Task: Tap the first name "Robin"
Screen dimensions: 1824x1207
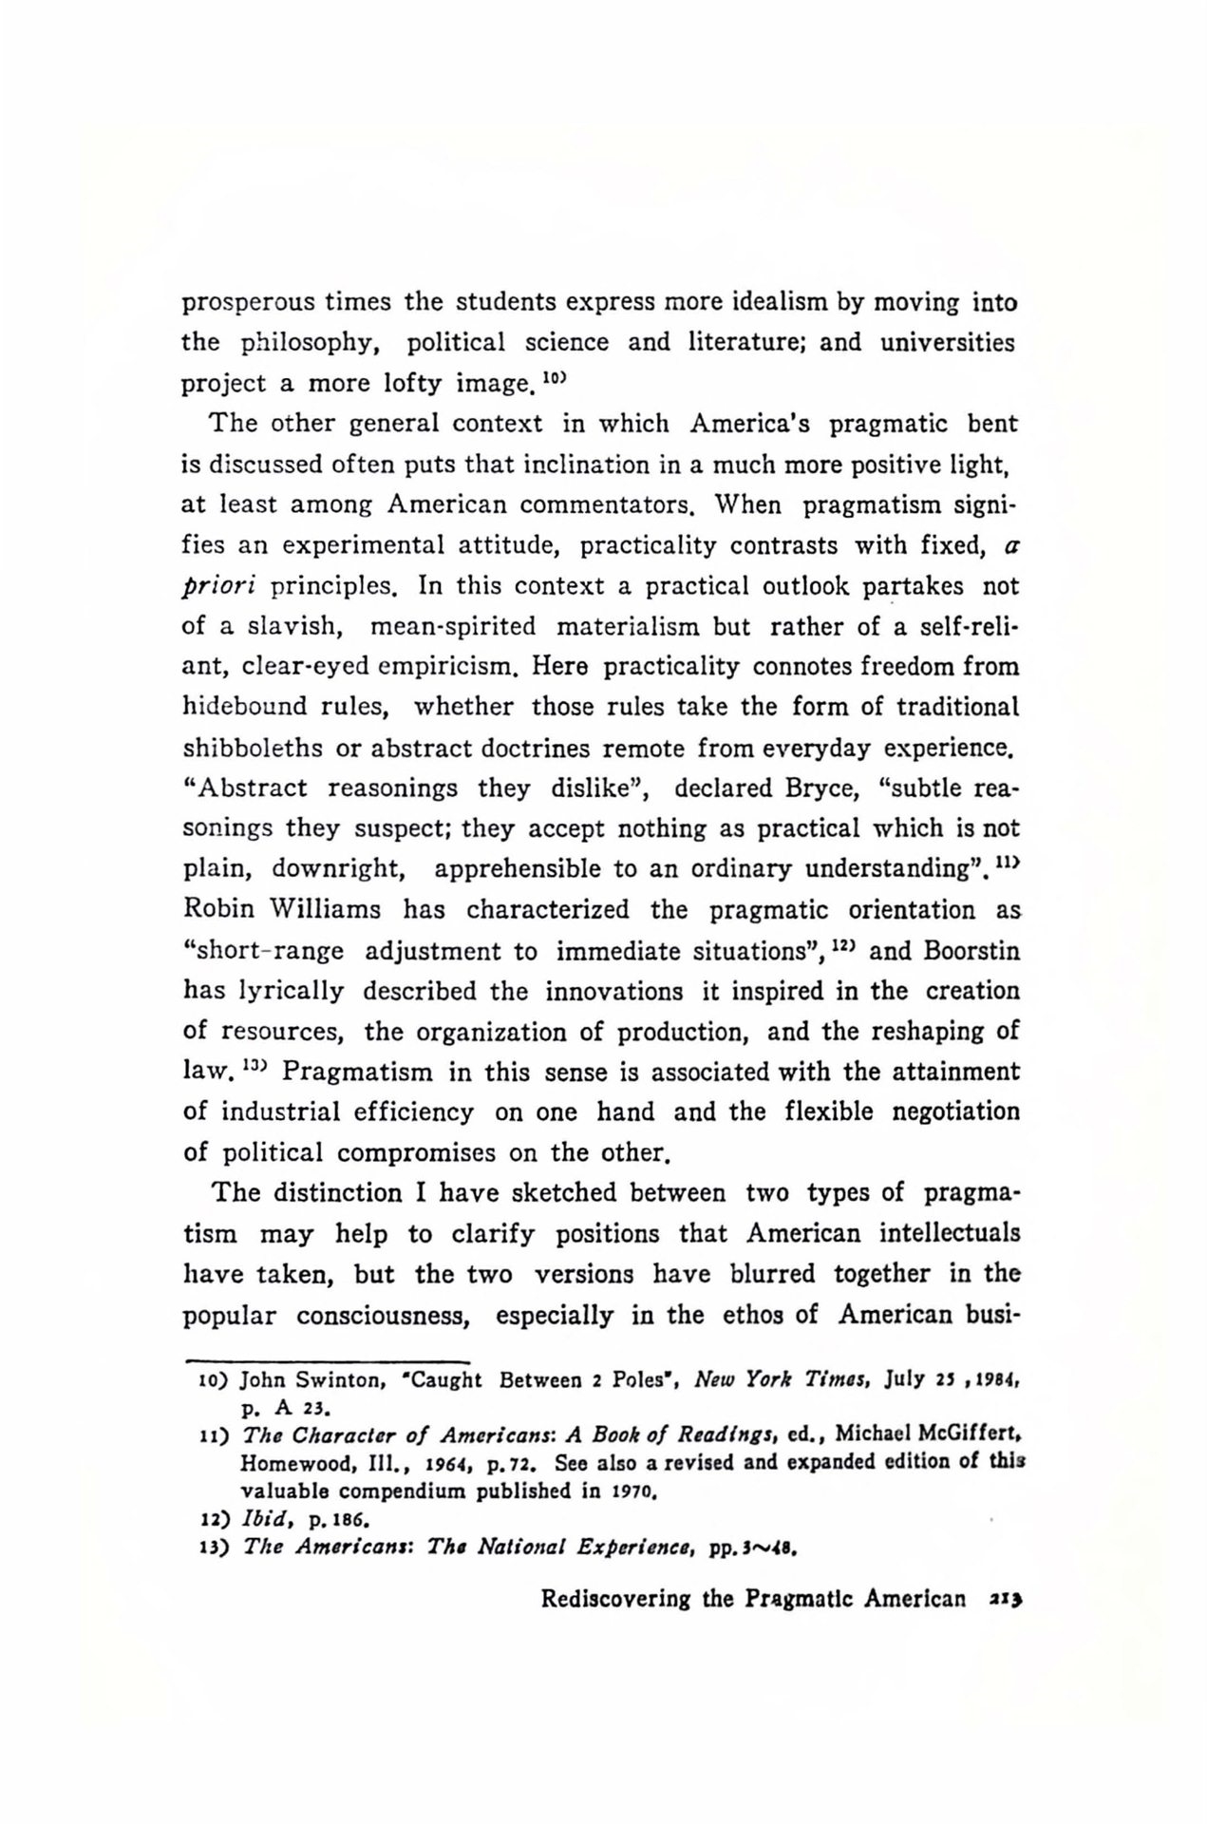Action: coord(218,909)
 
